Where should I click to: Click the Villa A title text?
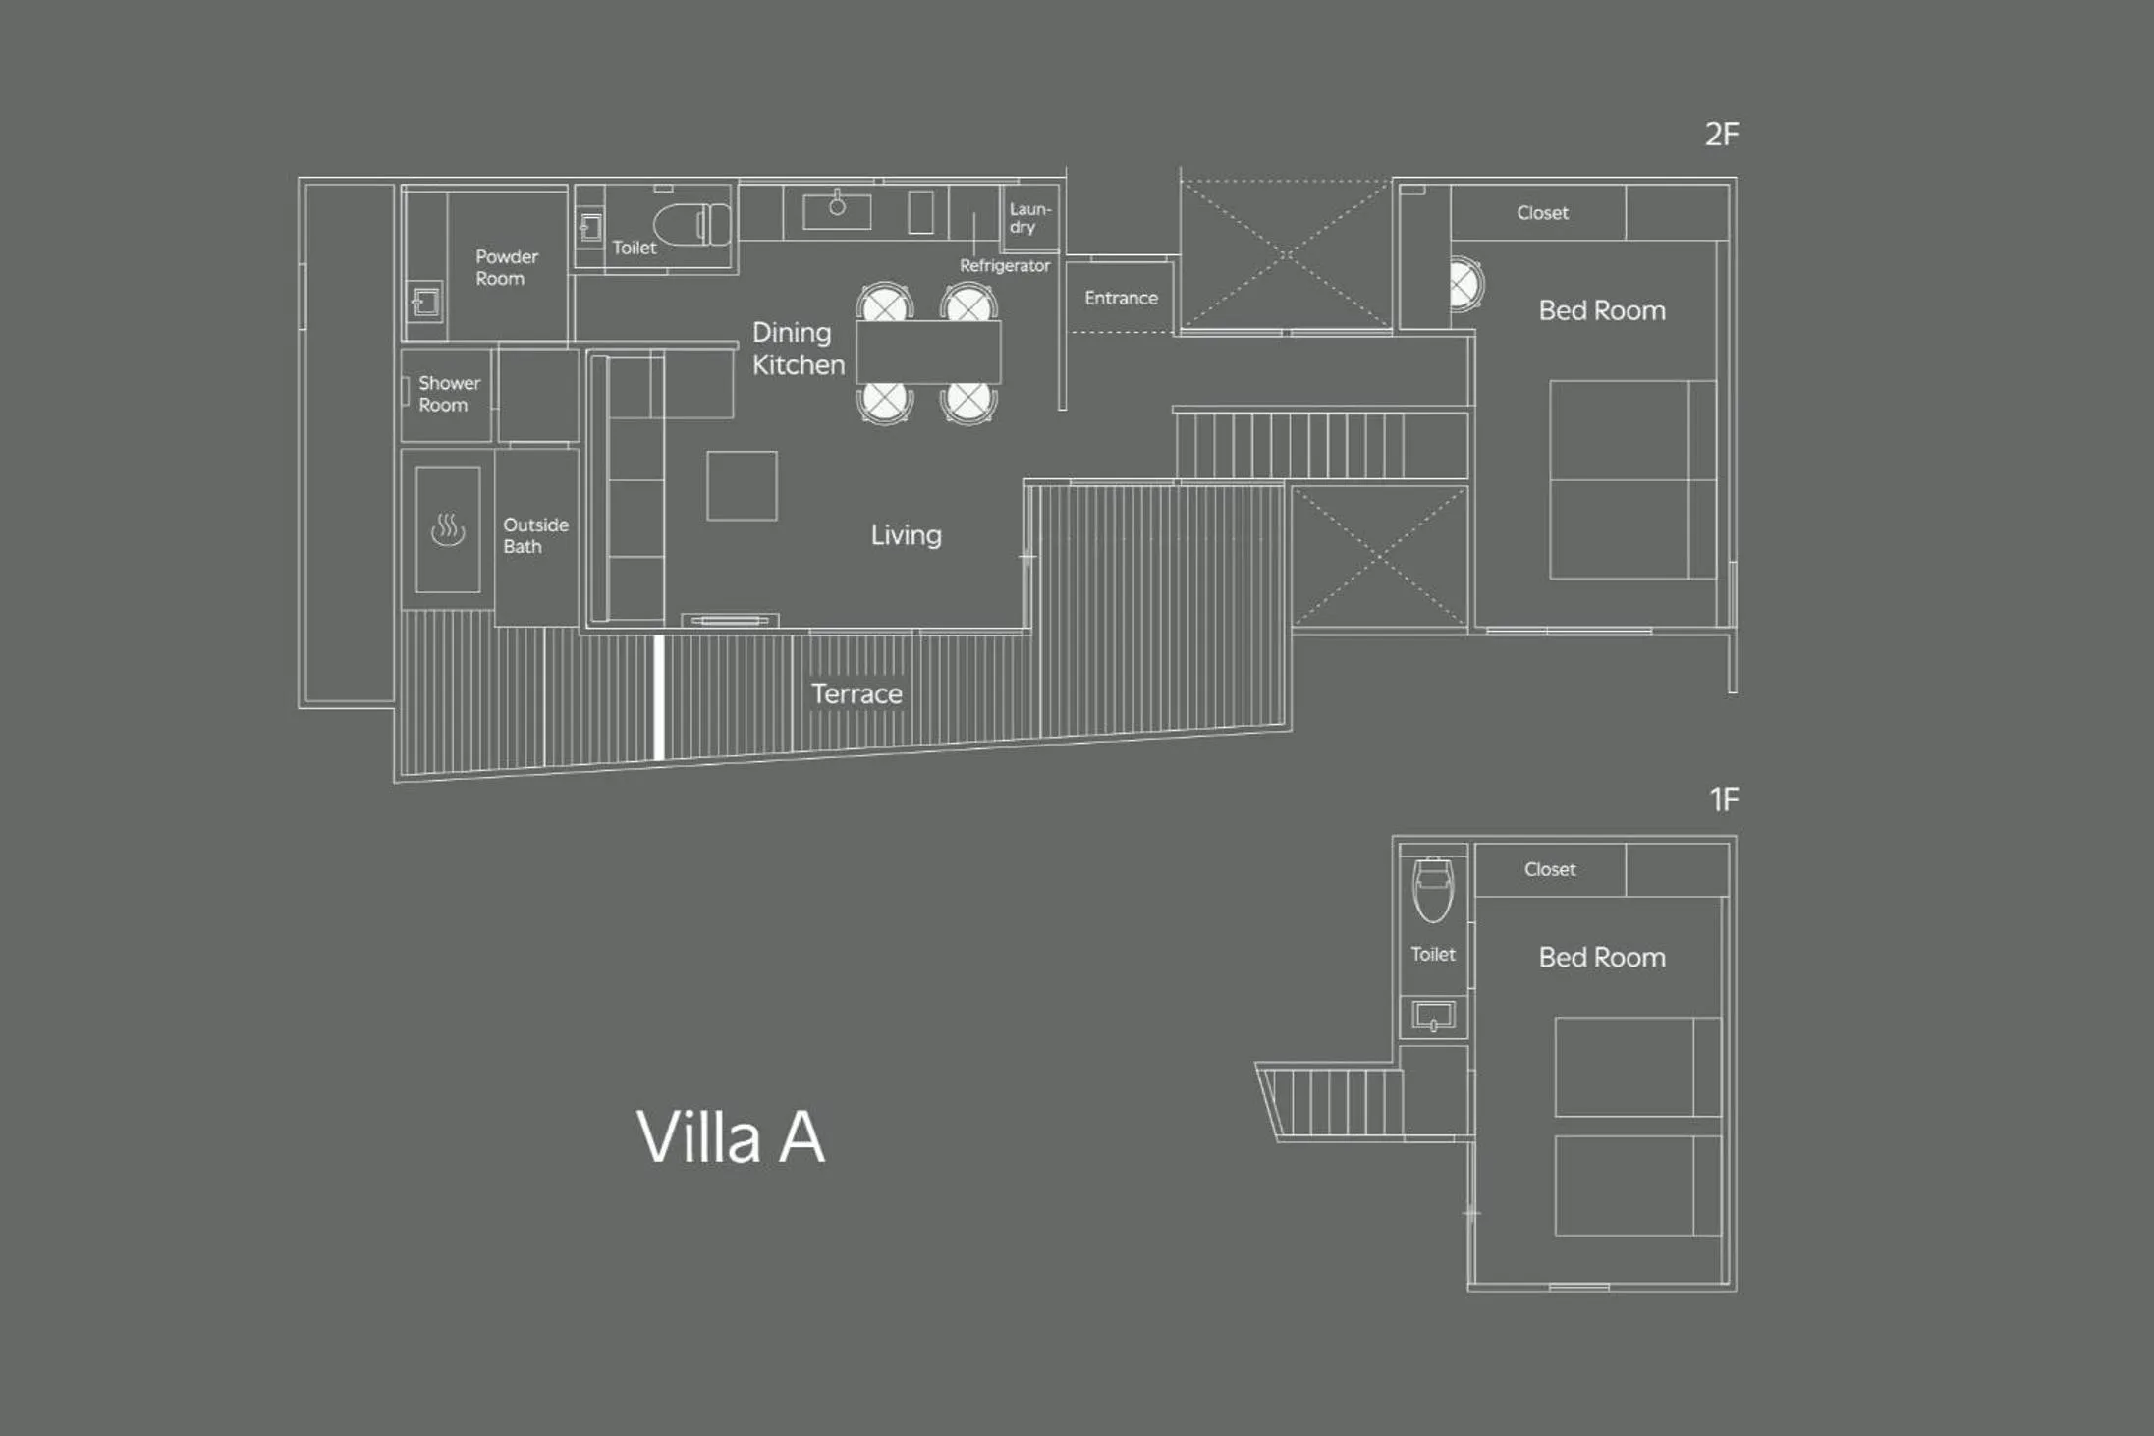point(731,1137)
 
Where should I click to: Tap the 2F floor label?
point(1721,135)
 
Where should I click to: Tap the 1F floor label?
point(1724,800)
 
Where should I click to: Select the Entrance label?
point(1121,298)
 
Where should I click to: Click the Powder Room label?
point(506,267)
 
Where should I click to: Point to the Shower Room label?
point(449,394)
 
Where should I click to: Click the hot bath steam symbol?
point(448,529)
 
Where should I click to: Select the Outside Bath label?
point(535,535)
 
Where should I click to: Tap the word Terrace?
point(856,693)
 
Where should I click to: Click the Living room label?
point(906,535)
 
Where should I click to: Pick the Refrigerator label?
point(1004,266)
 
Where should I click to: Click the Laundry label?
point(1029,218)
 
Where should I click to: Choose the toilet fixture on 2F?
point(693,224)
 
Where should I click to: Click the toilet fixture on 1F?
point(1433,889)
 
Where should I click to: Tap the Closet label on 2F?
point(1542,213)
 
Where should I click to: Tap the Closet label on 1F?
point(1549,869)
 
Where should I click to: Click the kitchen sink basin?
point(837,210)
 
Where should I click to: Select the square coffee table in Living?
point(742,485)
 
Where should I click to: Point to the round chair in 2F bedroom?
point(1465,286)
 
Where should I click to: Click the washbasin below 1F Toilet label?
point(1433,1015)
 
